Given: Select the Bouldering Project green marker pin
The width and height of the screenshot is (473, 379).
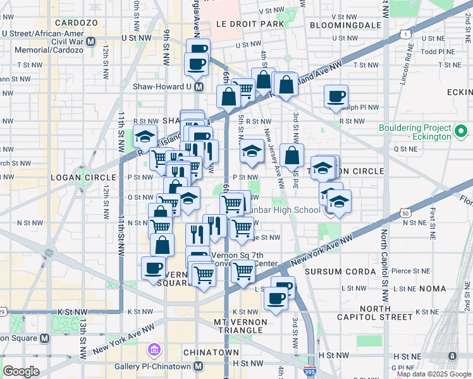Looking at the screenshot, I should (x=461, y=131).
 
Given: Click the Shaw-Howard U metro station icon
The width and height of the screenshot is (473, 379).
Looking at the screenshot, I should (x=199, y=87).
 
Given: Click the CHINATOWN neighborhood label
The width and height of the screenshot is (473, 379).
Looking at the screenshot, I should (x=211, y=352).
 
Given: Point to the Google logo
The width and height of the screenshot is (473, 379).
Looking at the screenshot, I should (x=21, y=371).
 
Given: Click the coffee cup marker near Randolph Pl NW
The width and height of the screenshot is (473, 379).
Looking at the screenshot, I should (x=336, y=97).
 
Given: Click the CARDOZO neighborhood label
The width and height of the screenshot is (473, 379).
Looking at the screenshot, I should (x=75, y=23).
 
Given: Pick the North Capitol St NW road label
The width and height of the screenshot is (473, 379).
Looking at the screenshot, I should (x=384, y=265).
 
